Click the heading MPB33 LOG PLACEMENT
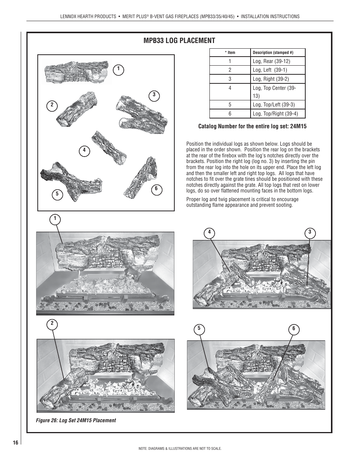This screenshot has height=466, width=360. [179, 41]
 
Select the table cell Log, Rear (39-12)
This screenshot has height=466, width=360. [272, 61]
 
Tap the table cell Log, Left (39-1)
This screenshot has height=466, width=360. [270, 70]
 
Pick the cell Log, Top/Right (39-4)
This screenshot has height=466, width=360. [275, 114]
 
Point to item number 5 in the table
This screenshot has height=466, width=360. [230, 105]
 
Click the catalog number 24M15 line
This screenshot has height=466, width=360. [252, 126]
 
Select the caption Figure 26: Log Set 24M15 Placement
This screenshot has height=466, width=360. [76, 420]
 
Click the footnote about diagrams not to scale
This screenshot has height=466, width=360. [180, 449]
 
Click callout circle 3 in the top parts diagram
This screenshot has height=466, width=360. [154, 95]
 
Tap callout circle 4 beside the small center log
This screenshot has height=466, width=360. [84, 151]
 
